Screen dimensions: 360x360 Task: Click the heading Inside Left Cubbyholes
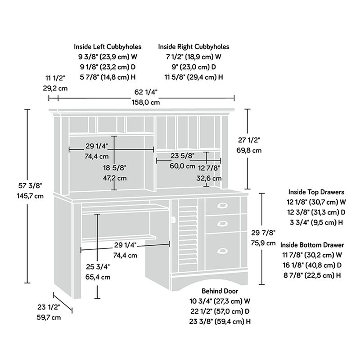[108, 47]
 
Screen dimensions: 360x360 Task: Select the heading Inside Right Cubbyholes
[193, 47]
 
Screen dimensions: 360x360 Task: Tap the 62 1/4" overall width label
[146, 92]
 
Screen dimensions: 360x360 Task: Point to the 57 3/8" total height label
[30, 185]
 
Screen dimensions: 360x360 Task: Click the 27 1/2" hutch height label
[249, 140]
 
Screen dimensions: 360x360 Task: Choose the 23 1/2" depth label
[49, 307]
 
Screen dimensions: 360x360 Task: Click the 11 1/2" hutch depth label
[55, 78]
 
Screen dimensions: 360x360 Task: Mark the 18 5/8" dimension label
[115, 168]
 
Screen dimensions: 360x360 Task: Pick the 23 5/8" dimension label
[183, 156]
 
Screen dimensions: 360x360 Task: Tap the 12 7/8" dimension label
[209, 168]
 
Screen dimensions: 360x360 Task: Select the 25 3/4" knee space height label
[98, 267]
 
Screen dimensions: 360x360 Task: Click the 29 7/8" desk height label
[263, 233]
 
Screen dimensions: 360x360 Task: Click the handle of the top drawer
[222, 206]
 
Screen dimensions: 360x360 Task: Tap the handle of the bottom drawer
[222, 251]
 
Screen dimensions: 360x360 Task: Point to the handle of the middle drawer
[222, 223]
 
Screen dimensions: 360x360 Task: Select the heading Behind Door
[220, 291]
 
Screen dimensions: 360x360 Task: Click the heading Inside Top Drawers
[316, 192]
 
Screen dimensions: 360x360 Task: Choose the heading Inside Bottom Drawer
[312, 245]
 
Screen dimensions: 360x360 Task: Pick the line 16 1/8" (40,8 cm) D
[312, 265]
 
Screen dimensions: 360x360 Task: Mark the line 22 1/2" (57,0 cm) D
[220, 311]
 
